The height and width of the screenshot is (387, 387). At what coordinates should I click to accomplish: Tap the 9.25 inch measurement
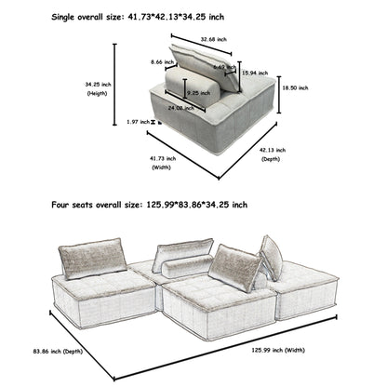(196, 93)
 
